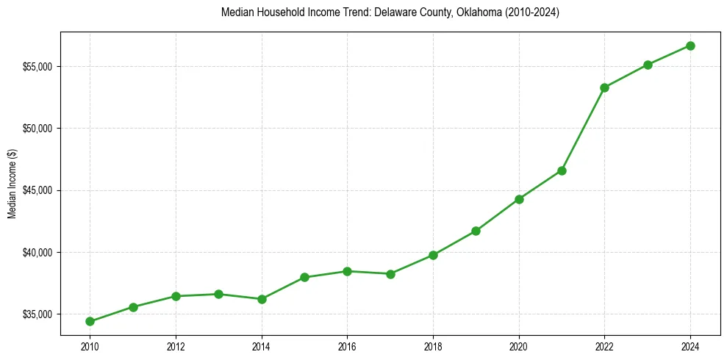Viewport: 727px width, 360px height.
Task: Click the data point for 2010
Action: coord(90,321)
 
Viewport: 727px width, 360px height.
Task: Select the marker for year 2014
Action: coord(262,299)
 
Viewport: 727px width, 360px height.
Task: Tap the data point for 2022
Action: coord(604,87)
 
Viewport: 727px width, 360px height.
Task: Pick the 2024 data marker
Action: coord(690,46)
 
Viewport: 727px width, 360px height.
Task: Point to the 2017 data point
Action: coord(390,274)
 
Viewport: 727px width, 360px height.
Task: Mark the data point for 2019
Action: coord(476,231)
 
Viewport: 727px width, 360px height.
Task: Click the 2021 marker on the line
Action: coord(562,170)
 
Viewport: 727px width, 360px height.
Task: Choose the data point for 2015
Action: coord(304,277)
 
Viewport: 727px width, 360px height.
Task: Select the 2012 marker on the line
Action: coord(176,296)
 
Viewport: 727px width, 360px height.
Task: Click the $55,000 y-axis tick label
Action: coord(37,67)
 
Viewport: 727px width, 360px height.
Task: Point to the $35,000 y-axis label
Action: coord(37,314)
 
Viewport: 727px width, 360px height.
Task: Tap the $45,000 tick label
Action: coord(37,190)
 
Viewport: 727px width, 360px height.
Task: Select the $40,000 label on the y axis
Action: coord(37,253)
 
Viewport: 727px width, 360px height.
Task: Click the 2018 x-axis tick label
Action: coord(433,346)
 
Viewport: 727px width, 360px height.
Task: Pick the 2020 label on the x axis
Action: coord(519,346)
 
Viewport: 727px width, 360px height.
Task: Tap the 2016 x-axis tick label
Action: coord(347,346)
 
